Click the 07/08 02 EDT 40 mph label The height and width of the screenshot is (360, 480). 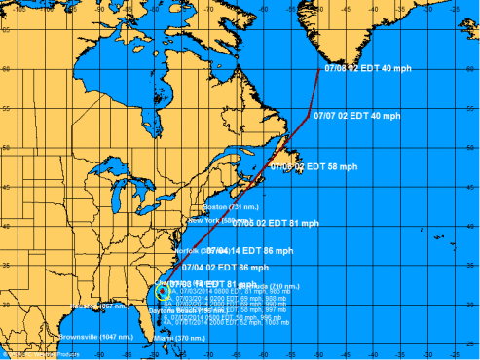pyautogui.click(x=357, y=68)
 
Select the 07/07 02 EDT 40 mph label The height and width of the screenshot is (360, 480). pyautogui.click(x=356, y=116)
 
